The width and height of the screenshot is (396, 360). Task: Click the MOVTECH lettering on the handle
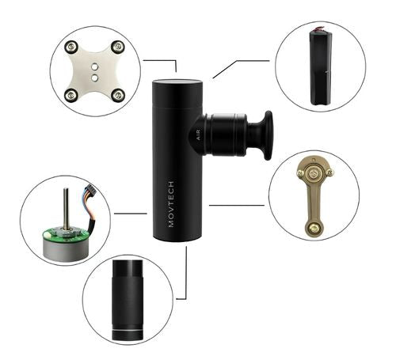171,204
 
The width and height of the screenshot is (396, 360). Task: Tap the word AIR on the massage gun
198,135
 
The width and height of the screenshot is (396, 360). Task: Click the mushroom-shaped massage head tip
268,135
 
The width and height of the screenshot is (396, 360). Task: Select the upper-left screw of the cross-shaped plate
71,47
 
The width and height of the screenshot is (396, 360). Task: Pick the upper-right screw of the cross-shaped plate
117,47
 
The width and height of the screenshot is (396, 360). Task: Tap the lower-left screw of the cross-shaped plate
71,95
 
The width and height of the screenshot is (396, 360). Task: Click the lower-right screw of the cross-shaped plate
117,95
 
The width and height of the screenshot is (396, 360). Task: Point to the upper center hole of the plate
94,67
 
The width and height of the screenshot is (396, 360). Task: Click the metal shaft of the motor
66,208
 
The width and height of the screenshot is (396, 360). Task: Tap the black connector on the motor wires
89,189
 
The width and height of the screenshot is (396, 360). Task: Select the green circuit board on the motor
66,234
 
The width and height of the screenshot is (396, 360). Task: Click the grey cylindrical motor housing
66,249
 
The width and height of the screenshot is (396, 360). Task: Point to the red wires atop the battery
321,28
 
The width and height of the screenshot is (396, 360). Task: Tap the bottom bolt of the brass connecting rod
314,228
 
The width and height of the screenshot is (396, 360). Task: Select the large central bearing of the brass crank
314,173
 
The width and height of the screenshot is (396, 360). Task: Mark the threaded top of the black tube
128,268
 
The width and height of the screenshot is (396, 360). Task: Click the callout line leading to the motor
131,214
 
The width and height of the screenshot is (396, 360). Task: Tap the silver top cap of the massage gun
177,81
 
